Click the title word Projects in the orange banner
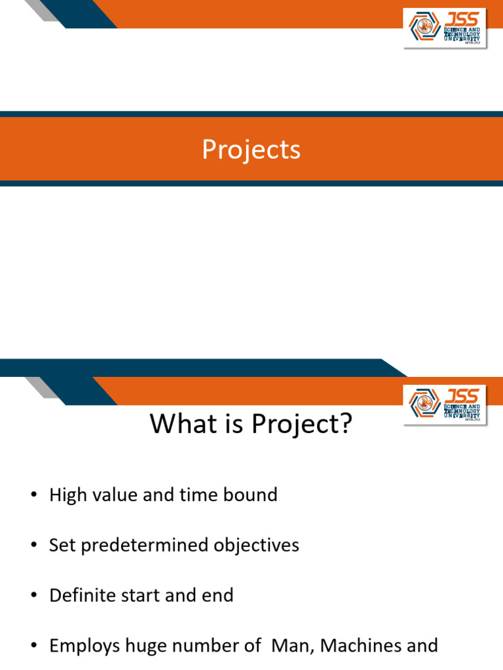(251, 150)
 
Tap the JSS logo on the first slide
(445, 28)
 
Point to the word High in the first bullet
(67, 495)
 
